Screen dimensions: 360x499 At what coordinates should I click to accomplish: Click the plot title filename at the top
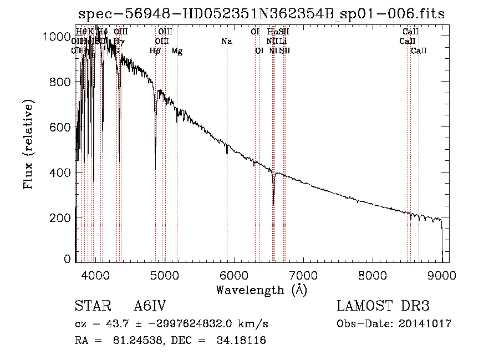click(261, 14)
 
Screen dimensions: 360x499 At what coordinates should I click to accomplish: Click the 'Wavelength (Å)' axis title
click(261, 290)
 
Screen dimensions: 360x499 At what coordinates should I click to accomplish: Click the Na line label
click(226, 41)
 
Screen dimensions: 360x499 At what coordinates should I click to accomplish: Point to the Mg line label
click(177, 50)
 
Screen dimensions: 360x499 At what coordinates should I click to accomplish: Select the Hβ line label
click(155, 50)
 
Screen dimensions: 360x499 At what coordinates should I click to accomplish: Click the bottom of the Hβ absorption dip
click(155, 169)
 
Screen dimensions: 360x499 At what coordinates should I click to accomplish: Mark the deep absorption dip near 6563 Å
click(273, 203)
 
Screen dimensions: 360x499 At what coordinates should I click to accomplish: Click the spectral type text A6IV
click(150, 307)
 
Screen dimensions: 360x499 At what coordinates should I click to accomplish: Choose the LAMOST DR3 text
click(383, 307)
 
